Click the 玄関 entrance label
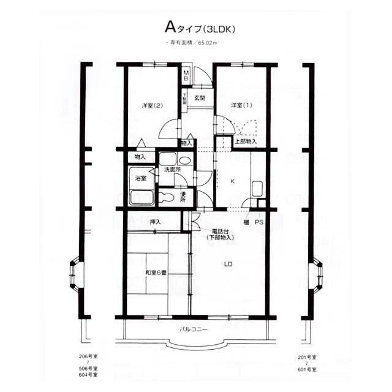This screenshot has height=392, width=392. [x=200, y=98]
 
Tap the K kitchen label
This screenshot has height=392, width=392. [x=232, y=181]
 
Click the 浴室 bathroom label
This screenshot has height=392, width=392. [x=140, y=178]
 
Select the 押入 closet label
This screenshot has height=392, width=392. [x=155, y=221]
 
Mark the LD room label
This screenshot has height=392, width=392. [x=228, y=265]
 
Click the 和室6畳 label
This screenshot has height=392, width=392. [x=157, y=273]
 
